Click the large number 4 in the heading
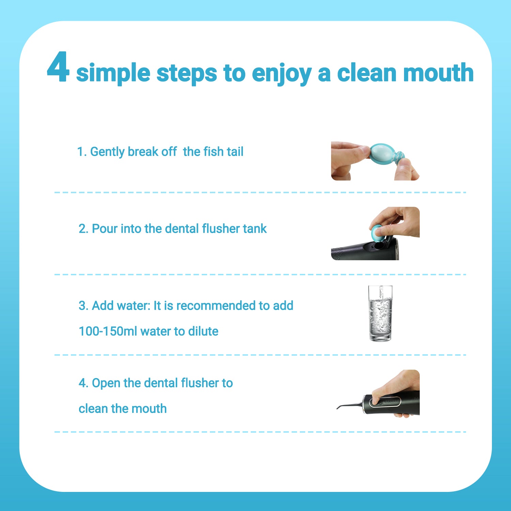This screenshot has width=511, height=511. (x=58, y=67)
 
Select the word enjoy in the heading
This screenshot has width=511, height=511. (x=282, y=74)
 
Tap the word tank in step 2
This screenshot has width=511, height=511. (x=254, y=229)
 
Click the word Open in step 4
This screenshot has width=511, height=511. (x=106, y=383)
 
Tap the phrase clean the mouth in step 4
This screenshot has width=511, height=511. (x=123, y=408)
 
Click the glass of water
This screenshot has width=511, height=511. (x=381, y=313)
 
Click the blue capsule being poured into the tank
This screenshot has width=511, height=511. (x=378, y=232)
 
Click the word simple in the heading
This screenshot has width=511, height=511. (x=113, y=74)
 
